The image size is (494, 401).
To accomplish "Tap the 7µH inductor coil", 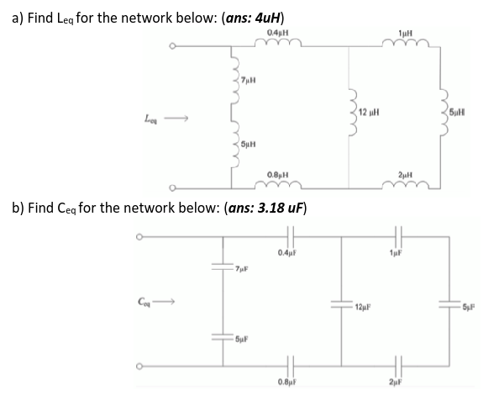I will tap(236, 82).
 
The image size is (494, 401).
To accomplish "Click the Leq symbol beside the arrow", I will tap(152, 119).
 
